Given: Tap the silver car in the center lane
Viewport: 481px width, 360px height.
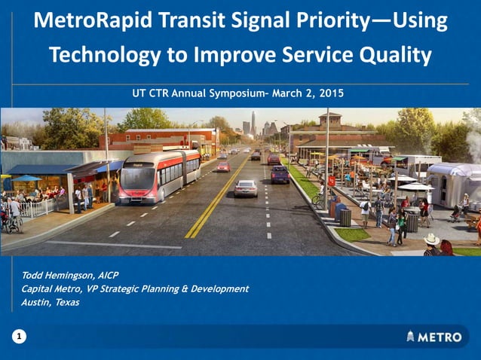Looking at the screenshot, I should (245, 188).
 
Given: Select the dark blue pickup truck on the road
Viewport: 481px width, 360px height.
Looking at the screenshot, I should (280, 174).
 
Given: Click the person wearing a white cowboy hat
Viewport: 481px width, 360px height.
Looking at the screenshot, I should (432, 243).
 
